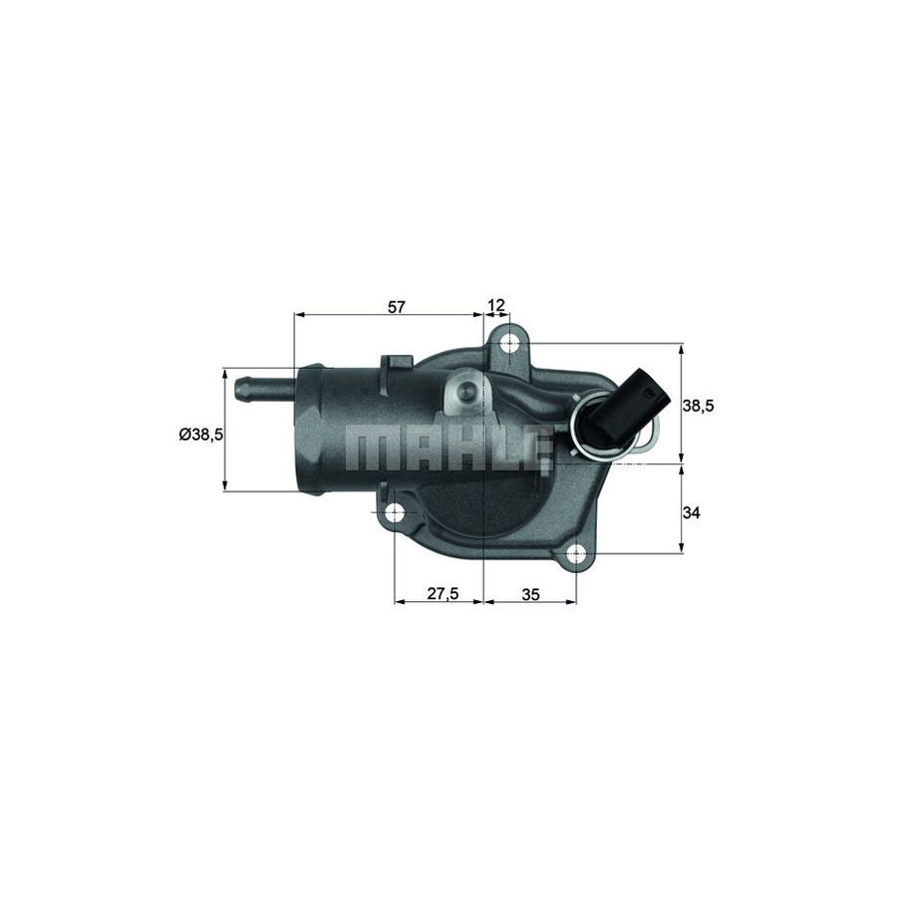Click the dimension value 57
397,306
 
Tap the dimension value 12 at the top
496,306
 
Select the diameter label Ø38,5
199,435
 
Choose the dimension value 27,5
442,593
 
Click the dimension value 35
530,593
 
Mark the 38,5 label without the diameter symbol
697,406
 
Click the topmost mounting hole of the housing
511,345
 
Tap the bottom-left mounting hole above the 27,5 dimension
395,514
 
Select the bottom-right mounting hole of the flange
577,555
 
